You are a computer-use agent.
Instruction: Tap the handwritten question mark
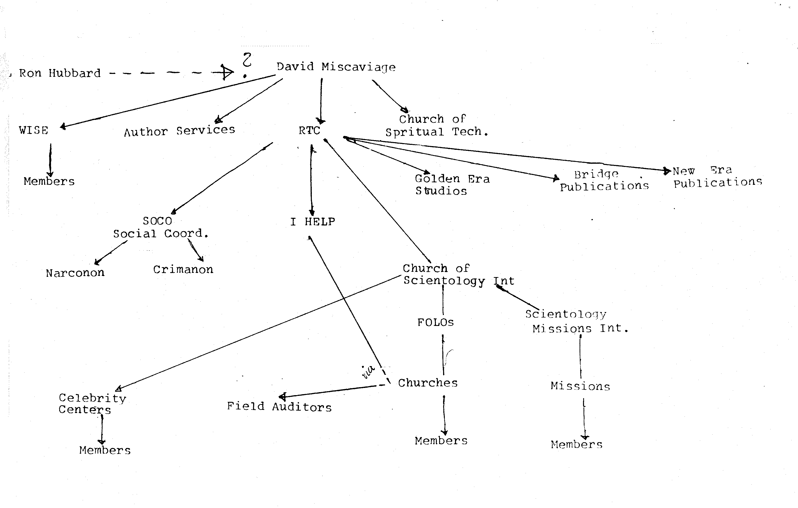pyautogui.click(x=247, y=64)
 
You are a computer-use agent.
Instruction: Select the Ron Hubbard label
pyautogui.click(x=60, y=73)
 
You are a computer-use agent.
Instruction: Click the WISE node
pyautogui.click(x=33, y=130)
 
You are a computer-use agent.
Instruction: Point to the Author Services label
pyautogui.click(x=179, y=131)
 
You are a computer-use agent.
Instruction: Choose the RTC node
pyautogui.click(x=309, y=130)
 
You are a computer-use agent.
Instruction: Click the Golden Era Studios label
pyautogui.click(x=452, y=185)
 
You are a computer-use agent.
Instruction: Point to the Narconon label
pyautogui.click(x=75, y=273)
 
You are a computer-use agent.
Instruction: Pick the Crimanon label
pyautogui.click(x=183, y=269)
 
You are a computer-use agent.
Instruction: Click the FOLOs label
pyautogui.click(x=435, y=322)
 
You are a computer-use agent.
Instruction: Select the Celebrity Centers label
pyautogui.click(x=92, y=404)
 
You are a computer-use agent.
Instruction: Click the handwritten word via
pyautogui.click(x=368, y=372)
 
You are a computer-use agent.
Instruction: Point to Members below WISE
pyautogui.click(x=49, y=181)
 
